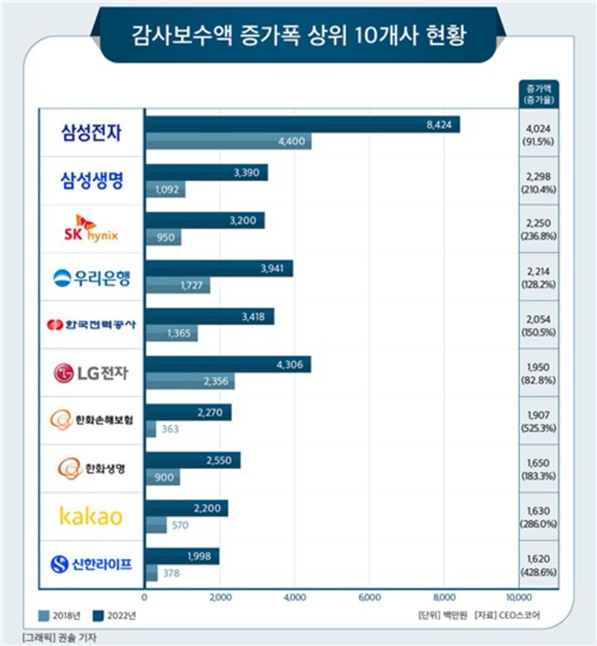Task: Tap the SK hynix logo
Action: coord(90,229)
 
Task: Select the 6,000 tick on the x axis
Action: coord(369,597)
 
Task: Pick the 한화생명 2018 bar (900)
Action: coord(163,476)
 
